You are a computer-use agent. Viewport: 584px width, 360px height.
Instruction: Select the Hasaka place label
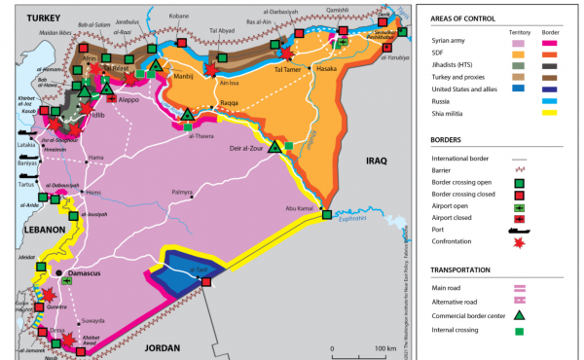pyautogui.click(x=328, y=70)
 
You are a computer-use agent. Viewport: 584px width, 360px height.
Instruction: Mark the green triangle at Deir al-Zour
pyautogui.click(x=275, y=148)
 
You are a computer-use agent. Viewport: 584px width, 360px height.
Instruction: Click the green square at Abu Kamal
pyautogui.click(x=327, y=215)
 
